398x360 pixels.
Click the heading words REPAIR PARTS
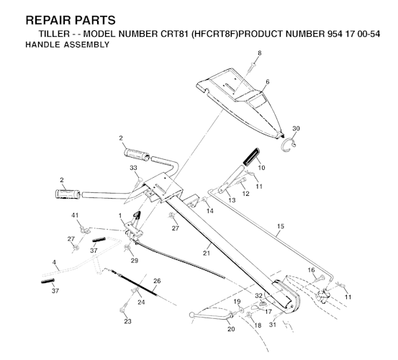(x=71, y=20)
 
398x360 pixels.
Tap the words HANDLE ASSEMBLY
(x=67, y=45)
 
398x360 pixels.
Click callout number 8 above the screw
(x=259, y=53)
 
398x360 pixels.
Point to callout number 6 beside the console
(x=267, y=82)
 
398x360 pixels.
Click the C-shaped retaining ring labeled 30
(x=289, y=144)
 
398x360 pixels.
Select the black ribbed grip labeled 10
(x=251, y=157)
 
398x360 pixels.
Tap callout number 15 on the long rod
(x=280, y=226)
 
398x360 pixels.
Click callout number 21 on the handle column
(x=207, y=253)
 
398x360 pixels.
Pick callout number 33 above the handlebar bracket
(x=133, y=168)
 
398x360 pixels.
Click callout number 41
(x=75, y=215)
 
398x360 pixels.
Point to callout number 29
(x=135, y=261)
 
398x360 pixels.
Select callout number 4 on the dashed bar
(x=54, y=262)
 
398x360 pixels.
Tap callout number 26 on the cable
(x=157, y=281)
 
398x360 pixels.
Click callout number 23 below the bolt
(x=127, y=321)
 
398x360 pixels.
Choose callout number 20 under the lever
(x=231, y=329)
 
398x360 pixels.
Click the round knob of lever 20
(x=192, y=315)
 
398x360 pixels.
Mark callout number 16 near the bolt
(x=311, y=270)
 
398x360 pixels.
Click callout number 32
(x=258, y=295)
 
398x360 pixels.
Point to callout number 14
(x=210, y=211)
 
